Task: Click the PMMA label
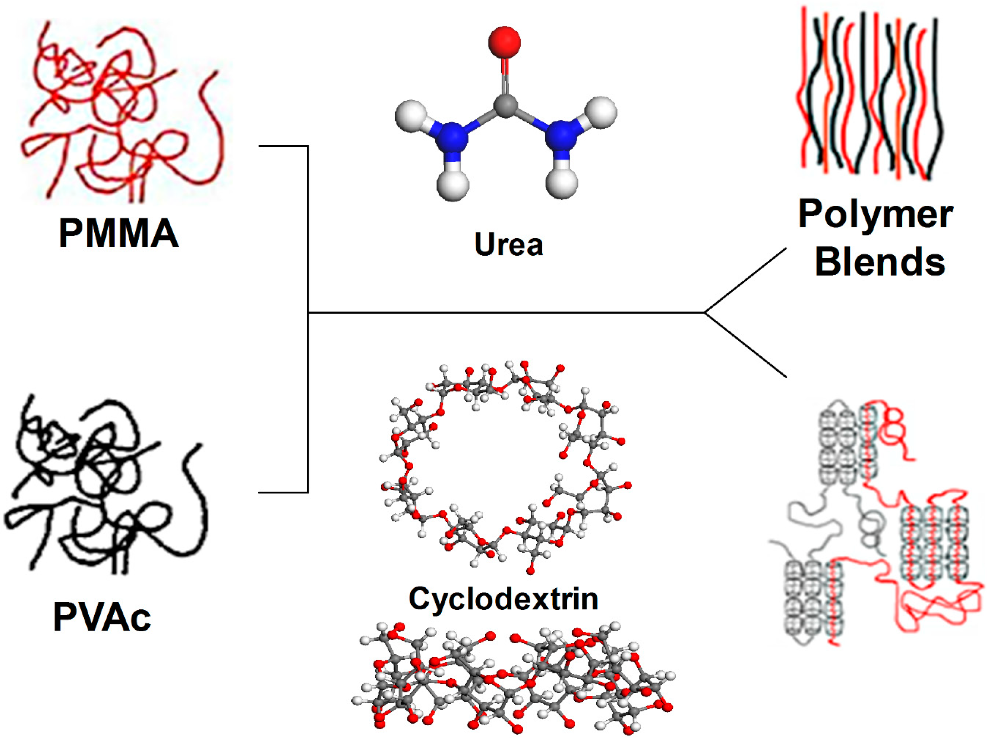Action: click(119, 233)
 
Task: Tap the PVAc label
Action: click(102, 618)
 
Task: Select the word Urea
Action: click(509, 244)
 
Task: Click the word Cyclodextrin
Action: click(504, 599)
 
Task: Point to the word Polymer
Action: click(876, 214)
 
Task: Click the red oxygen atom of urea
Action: click(504, 42)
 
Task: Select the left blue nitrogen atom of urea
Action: click(452, 136)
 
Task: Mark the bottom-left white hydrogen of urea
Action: click(453, 184)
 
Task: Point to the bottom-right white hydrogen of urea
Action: click(562, 183)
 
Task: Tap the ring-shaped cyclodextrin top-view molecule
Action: click(505, 465)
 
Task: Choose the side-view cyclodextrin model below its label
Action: click(514, 679)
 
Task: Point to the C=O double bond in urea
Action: click(505, 76)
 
